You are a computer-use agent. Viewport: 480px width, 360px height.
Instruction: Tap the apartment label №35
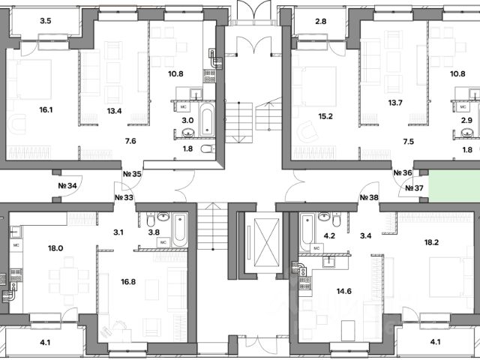coord(132,175)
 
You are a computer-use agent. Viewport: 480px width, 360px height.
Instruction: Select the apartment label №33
coord(124,198)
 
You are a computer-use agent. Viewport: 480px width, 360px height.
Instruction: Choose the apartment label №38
coord(368,198)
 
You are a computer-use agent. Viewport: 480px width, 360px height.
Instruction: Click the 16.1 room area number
coord(45,109)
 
